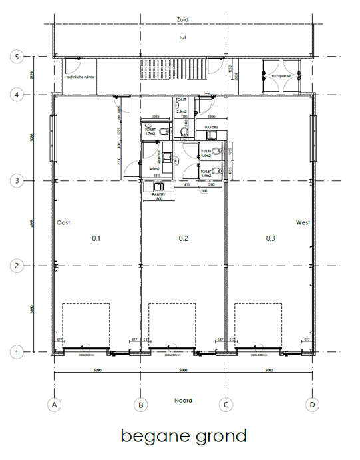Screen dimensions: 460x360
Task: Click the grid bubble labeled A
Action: point(54,404)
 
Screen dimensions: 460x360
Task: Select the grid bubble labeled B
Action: point(140,404)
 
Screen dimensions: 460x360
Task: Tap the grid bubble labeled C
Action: point(226,404)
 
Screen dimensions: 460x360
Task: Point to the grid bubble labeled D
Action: point(311,404)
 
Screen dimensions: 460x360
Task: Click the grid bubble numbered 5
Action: point(19,57)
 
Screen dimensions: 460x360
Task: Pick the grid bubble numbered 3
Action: point(19,180)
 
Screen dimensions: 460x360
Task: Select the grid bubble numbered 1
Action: point(19,351)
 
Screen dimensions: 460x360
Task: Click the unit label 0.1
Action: point(96,238)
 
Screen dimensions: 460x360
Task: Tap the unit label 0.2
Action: point(183,238)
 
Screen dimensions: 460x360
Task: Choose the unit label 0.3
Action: point(270,238)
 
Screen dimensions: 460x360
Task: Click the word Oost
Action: point(63,222)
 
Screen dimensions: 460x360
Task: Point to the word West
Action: point(302,222)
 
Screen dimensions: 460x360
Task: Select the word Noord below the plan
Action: point(183,400)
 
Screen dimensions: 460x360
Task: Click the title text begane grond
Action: point(184,436)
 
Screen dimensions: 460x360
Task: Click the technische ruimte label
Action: point(80,77)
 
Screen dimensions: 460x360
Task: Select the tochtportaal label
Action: point(281,77)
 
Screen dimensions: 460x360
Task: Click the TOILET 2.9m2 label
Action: point(182,108)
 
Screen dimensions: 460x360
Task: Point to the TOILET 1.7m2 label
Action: point(151,131)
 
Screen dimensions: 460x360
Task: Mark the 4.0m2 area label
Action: point(154,168)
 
